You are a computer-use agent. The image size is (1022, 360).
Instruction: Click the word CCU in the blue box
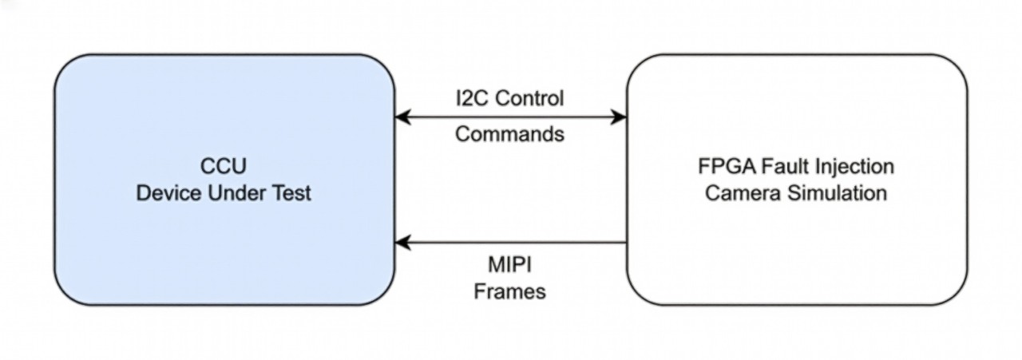pos(223,167)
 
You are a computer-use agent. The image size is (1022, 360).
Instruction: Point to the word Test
pos(290,193)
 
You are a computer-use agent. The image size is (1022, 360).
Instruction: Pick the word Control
pos(533,99)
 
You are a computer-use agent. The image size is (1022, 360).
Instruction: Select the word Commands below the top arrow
pos(509,134)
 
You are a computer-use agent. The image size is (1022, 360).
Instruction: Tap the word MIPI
pos(509,265)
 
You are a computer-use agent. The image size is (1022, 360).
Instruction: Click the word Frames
pos(509,292)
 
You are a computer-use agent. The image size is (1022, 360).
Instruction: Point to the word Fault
pos(778,167)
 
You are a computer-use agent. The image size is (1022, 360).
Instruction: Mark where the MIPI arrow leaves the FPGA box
pos(626,242)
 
